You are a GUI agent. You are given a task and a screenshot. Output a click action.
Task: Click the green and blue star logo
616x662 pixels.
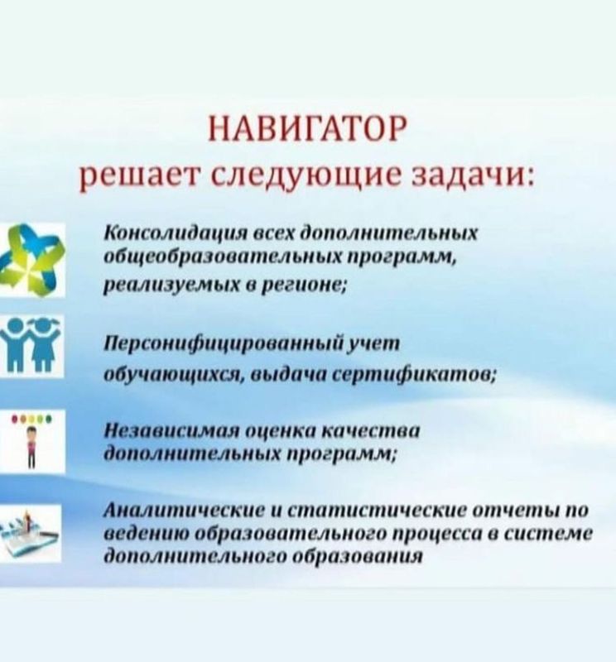pos(32,259)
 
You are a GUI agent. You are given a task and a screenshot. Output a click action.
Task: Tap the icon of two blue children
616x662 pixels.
pos(31,345)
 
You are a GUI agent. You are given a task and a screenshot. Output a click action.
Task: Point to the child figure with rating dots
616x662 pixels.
pos(32,440)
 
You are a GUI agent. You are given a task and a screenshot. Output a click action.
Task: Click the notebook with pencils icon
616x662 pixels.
pos(30,532)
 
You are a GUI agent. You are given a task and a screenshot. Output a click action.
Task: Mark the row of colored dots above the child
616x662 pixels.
pos(31,420)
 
